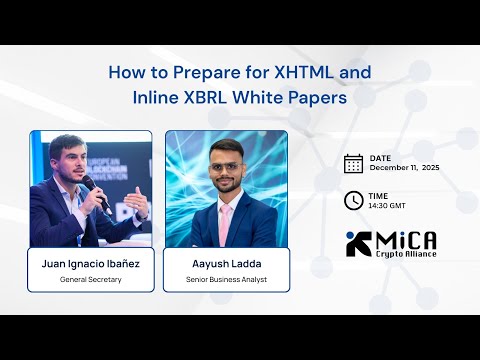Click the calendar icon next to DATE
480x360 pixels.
[x=353, y=163]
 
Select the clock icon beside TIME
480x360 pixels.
[x=353, y=200]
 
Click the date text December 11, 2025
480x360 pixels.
[x=404, y=169]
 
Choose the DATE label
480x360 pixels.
[x=380, y=158]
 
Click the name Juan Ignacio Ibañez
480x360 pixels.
[x=90, y=263]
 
